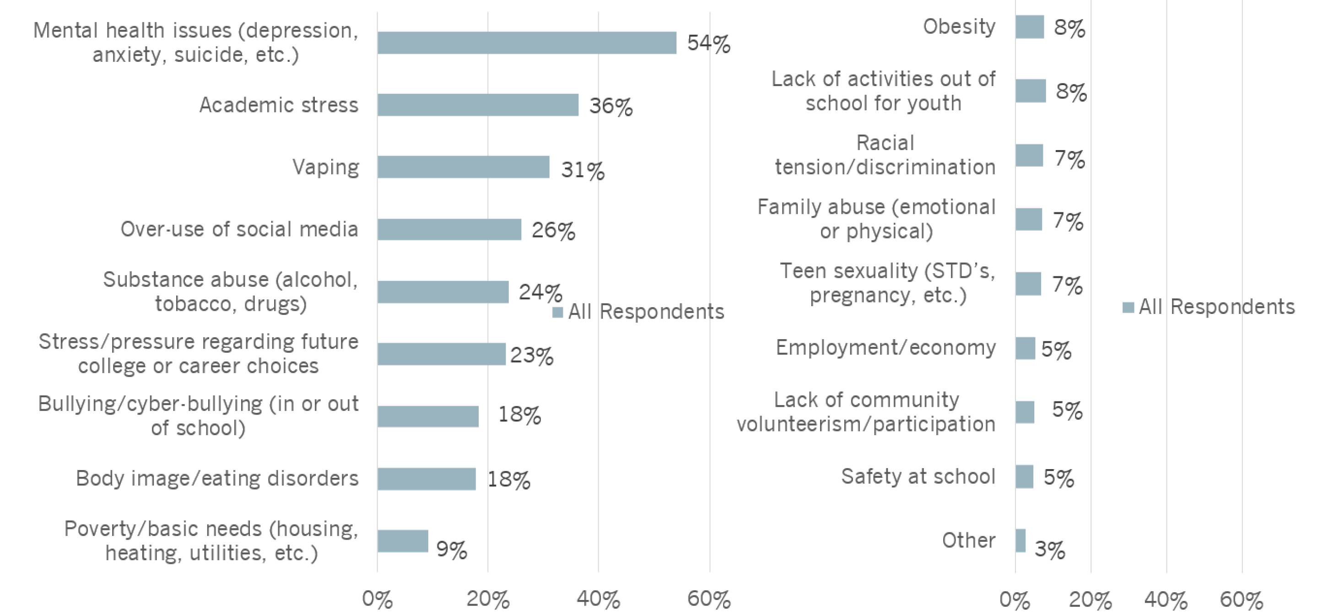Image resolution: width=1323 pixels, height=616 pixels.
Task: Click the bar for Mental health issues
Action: coord(526,43)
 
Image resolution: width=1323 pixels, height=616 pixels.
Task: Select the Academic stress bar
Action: coord(478,105)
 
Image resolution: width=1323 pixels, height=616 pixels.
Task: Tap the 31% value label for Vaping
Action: coord(583,170)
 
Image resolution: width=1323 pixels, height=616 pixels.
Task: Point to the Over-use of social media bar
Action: coord(449,229)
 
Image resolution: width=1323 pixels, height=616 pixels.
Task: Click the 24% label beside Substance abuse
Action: coord(540,292)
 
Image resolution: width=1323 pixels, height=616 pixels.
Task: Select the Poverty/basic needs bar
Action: coord(403,541)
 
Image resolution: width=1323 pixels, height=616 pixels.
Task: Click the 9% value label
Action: coord(451,550)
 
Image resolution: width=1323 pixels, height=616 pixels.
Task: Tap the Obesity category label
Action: coord(959,27)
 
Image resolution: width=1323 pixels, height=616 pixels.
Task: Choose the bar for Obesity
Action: coord(1029,27)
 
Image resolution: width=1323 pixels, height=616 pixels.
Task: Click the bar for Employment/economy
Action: coord(1025,348)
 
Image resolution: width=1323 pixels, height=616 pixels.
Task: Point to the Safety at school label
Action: coord(918,477)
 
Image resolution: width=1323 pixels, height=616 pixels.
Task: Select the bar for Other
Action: coord(1020,541)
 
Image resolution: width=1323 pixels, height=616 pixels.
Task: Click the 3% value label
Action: coord(1049,550)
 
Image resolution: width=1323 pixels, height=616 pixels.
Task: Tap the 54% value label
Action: coord(708,43)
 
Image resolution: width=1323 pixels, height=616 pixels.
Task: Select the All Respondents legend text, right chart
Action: coord(1216,307)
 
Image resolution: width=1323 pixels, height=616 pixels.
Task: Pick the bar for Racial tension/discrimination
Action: coord(1029,155)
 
